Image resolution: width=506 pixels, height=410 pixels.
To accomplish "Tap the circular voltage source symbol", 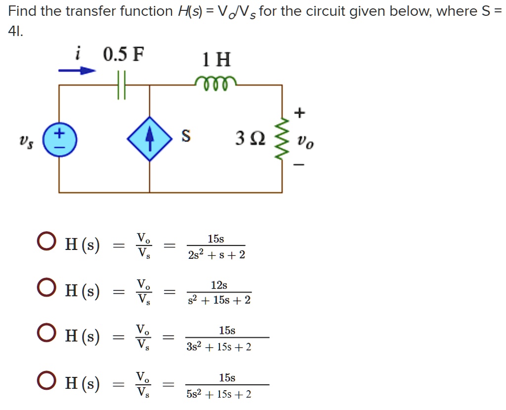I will pyautogui.click(x=59, y=139).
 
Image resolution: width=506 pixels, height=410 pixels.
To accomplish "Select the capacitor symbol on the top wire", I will pyautogui.click(x=122, y=85).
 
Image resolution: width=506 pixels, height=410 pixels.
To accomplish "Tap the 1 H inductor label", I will pyautogui.click(x=216, y=60).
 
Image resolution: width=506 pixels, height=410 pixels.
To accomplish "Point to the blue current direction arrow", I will pyautogui.click(x=77, y=71).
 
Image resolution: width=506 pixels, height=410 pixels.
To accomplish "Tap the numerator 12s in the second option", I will pyautogui.click(x=219, y=285).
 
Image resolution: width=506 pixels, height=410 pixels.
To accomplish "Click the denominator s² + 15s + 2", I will pyautogui.click(x=219, y=300).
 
